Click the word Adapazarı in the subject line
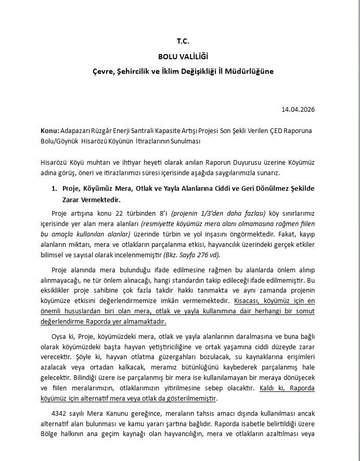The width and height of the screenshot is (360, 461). [x=77, y=132]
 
